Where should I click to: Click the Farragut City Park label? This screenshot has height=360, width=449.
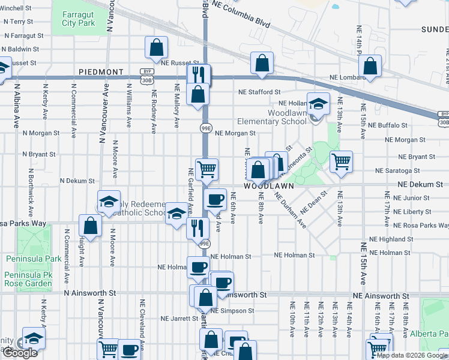pos(78,19)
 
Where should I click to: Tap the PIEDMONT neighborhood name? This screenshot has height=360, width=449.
pos(100,72)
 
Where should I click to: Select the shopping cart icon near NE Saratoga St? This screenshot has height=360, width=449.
pos(341,161)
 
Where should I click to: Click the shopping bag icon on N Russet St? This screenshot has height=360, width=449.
pos(156,47)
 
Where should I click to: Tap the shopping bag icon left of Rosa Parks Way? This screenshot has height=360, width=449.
pos(90,226)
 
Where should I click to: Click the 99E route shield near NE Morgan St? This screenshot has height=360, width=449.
pos(205,127)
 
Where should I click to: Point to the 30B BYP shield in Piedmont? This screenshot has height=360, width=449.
pos(146,76)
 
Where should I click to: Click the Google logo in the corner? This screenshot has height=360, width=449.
pos(20,353)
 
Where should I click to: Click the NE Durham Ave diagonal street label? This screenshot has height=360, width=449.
pos(291,210)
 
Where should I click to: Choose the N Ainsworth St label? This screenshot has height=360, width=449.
pos(90,293)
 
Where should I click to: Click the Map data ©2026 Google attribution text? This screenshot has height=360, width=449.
pos(412,355)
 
